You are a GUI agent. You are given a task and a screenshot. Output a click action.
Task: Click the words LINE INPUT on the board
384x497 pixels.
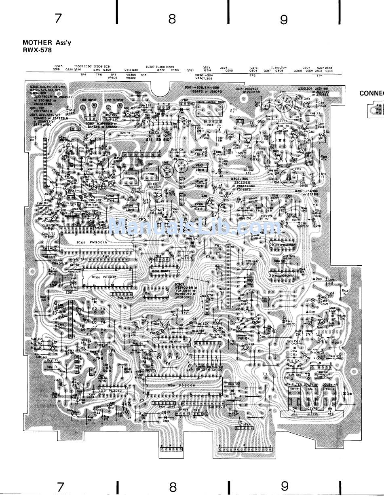pos(89,99)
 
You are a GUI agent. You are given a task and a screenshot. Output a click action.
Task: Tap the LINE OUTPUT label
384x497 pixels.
pos(113,99)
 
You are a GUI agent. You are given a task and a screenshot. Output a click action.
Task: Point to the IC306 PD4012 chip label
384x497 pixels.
pos(101,277)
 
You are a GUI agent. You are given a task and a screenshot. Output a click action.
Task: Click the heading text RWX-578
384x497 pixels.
pos(37,50)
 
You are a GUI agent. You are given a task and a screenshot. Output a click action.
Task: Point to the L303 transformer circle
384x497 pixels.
pos(287,177)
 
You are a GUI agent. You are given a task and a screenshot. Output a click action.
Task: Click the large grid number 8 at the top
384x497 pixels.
pos(173,19)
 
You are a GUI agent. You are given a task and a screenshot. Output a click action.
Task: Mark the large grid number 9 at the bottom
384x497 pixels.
pos(285,486)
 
